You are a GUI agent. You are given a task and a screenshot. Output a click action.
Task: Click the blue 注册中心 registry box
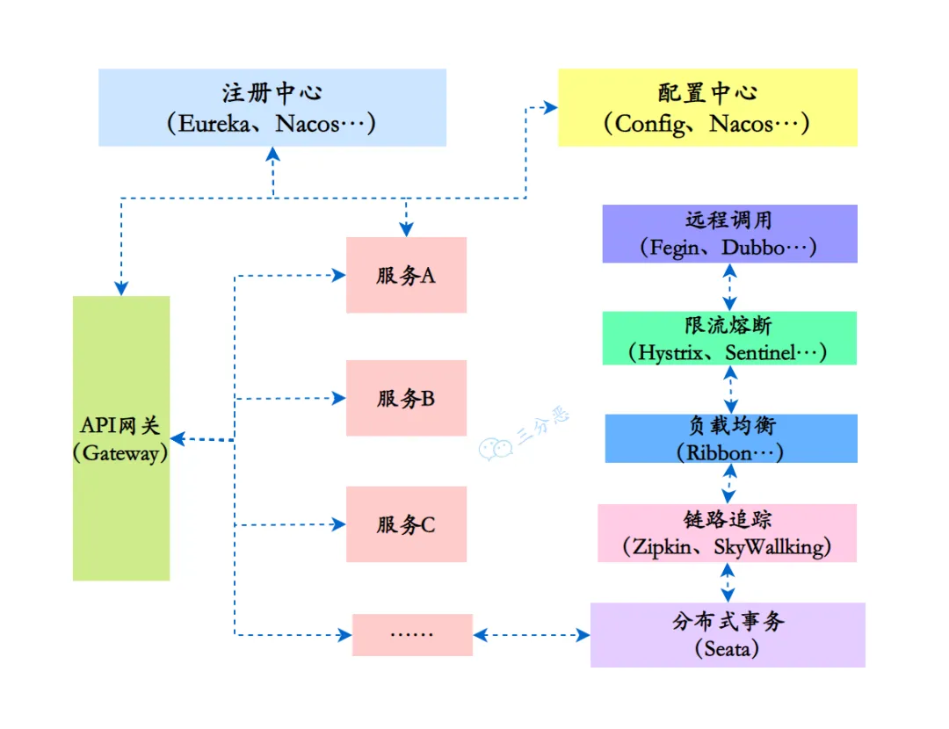272,107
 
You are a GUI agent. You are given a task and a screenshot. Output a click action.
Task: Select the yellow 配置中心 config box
707,107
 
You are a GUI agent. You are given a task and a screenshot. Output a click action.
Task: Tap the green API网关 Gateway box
121,437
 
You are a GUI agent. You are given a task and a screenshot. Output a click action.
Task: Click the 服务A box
406,275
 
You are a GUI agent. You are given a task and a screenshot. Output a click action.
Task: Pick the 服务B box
406,398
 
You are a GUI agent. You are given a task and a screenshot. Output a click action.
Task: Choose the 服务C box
406,524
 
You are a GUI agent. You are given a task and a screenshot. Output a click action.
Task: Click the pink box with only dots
412,634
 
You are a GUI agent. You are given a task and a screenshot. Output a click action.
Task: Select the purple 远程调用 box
729,234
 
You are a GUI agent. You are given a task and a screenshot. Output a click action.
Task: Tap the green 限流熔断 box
729,338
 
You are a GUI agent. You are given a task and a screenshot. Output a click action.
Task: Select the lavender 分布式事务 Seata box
728,634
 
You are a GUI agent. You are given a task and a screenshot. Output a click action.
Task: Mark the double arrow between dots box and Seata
532,634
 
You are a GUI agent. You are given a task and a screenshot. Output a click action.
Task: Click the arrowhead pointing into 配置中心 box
551,108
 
